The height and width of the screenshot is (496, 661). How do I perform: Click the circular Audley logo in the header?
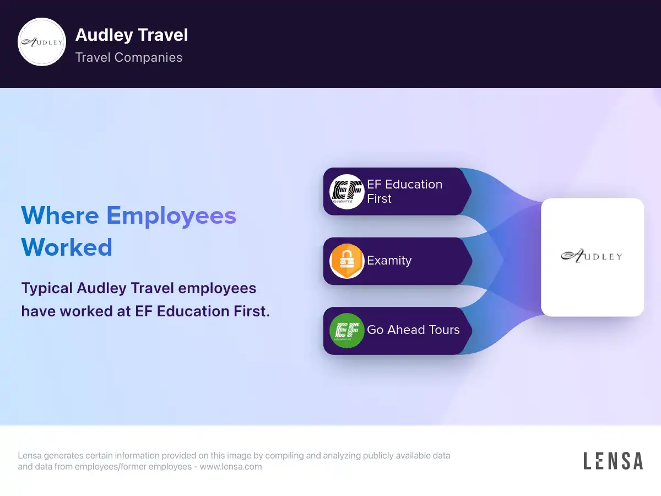(42, 42)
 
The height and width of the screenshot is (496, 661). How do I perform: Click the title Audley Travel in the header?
(132, 35)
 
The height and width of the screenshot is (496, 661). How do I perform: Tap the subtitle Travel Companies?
(128, 57)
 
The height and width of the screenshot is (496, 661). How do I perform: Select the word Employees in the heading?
(171, 216)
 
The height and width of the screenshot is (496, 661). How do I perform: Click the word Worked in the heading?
(67, 247)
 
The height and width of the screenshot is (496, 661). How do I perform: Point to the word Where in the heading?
(60, 215)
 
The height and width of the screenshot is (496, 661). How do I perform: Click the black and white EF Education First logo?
(346, 192)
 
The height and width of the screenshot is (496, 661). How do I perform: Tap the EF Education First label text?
(404, 191)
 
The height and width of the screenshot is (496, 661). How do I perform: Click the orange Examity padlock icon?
(346, 261)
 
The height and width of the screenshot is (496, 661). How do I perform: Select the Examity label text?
(389, 261)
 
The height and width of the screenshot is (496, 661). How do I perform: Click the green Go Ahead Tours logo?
(346, 330)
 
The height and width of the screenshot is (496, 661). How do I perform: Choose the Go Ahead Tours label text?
(413, 330)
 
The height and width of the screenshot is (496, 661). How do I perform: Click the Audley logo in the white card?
(592, 256)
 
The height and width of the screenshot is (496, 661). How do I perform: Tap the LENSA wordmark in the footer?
(613, 461)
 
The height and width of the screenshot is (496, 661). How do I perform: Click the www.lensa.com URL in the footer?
(231, 466)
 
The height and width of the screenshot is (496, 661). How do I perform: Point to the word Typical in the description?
(47, 288)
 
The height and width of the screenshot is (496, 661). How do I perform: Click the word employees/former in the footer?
(133, 466)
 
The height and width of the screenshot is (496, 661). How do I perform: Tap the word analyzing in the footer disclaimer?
(342, 456)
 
